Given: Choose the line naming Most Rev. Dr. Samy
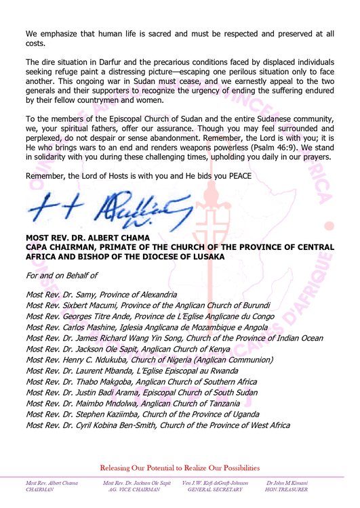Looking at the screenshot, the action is point(101,295).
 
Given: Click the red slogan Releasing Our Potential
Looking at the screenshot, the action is point(180,467).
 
